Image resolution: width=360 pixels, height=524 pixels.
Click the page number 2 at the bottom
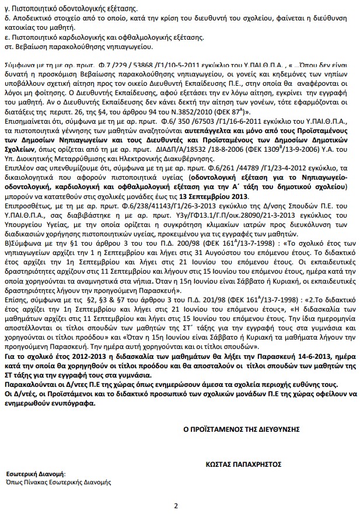click(176, 505)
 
